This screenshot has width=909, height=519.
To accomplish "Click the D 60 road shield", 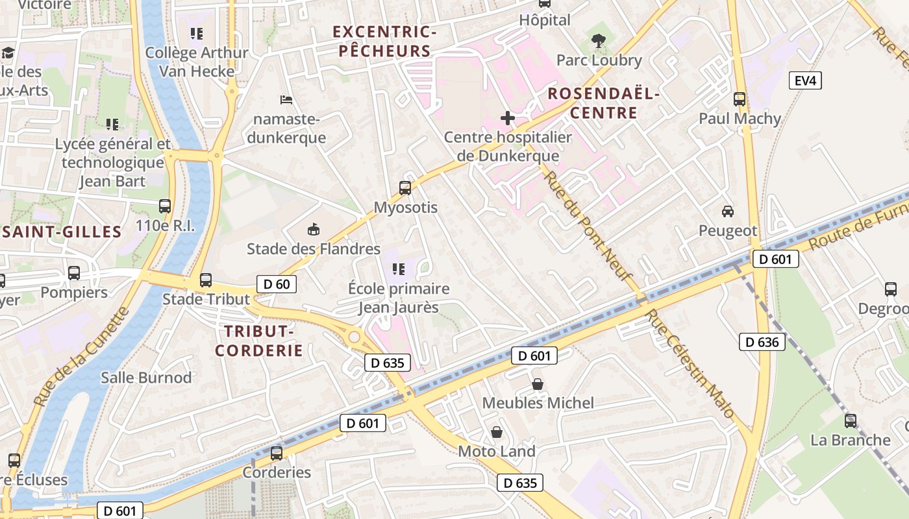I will click(277, 284).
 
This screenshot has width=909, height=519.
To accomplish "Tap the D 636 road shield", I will click(762, 342).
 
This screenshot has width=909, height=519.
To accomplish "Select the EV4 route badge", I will click(806, 81).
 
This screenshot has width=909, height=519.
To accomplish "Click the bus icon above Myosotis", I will click(405, 188).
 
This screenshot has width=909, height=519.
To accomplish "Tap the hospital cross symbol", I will click(508, 118).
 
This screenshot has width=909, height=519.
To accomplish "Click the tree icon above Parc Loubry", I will click(598, 41).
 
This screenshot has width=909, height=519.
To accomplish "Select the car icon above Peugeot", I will click(728, 211).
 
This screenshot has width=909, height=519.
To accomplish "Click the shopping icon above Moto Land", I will click(497, 432).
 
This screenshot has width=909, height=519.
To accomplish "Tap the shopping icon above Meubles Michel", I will click(538, 384).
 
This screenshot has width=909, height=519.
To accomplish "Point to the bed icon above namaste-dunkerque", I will click(286, 100).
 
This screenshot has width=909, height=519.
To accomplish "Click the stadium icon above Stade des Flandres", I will click(313, 229).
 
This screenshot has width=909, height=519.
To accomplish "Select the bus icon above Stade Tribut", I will click(206, 280).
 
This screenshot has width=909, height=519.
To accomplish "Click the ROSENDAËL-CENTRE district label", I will click(603, 103).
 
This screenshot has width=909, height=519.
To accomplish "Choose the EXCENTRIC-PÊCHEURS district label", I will click(384, 42).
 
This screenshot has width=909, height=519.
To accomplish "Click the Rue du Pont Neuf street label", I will click(588, 224).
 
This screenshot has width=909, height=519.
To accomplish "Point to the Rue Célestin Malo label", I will click(690, 363).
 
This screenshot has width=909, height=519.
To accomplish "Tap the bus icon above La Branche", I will click(850, 421).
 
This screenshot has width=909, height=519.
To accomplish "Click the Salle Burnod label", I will click(146, 378).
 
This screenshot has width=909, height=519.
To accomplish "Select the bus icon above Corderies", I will click(277, 453).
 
